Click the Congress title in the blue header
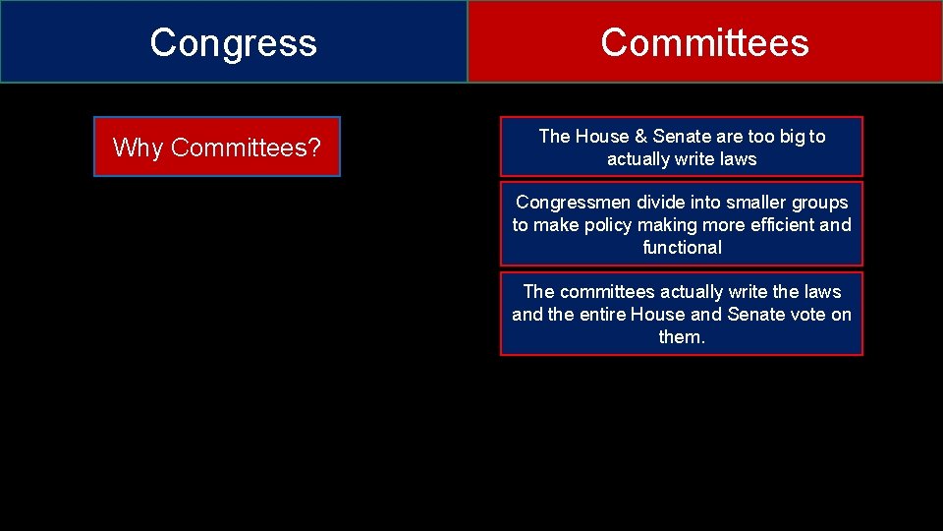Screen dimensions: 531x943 point(234,42)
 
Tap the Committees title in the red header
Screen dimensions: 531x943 point(704,42)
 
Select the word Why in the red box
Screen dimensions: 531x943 point(139,147)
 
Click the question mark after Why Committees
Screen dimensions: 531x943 point(314,147)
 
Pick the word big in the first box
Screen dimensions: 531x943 point(790,137)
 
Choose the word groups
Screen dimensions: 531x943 point(816,203)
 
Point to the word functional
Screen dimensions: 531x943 point(682,248)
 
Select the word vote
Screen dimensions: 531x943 point(807,315)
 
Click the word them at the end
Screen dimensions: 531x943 point(682,337)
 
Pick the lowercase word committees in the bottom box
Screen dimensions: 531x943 point(607,292)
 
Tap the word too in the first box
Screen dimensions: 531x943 point(756,137)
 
